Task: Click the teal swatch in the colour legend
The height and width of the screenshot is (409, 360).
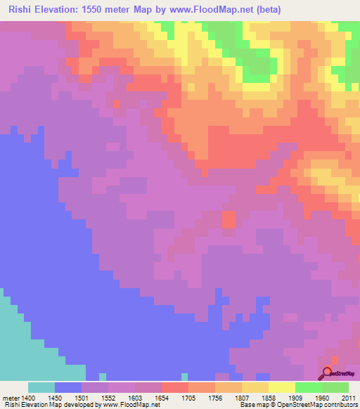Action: (41, 388)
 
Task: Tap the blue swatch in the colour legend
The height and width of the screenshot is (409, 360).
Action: (68, 388)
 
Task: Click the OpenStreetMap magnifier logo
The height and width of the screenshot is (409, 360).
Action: (327, 372)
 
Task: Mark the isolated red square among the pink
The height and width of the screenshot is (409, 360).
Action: (229, 219)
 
